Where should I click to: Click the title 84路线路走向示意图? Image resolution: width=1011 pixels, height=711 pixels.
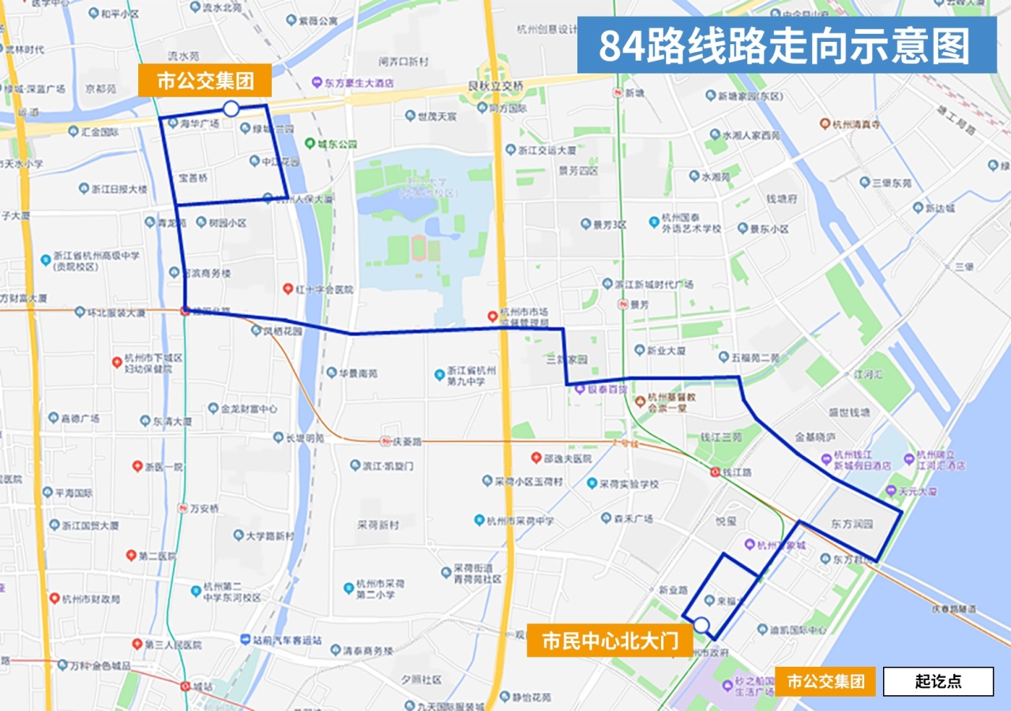pos(786,46)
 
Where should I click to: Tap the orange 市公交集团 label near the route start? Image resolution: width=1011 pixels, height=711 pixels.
pos(204,81)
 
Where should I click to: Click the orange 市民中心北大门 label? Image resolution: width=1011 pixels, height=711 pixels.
pos(611,641)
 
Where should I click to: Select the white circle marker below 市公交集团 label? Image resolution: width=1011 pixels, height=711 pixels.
pos(231,108)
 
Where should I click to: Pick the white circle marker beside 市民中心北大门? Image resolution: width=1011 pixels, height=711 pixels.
pos(701,626)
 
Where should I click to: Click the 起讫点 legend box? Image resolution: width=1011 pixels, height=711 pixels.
pos(938,681)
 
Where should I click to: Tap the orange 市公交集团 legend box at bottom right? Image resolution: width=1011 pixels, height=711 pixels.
pos(825,681)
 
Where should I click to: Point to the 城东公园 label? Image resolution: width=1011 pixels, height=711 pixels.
pos(336,145)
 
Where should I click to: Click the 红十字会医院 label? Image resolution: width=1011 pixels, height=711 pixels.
pos(324,290)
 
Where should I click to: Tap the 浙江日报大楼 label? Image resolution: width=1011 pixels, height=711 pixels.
pos(119,189)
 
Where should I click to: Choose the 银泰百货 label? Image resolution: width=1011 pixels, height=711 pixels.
pos(606,389)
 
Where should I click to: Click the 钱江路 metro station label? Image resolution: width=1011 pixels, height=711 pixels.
pos(735,472)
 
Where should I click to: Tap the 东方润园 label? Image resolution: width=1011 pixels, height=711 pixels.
pos(851,523)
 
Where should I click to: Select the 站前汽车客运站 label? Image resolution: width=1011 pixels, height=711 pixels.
pos(287,640)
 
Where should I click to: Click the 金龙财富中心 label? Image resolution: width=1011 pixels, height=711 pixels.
pos(249,409)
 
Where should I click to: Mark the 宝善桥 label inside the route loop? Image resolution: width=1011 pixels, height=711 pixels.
pos(194,178)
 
